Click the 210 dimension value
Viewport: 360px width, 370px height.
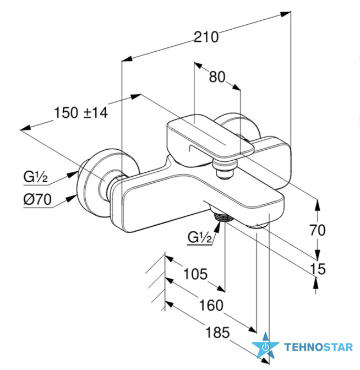tap(206, 37)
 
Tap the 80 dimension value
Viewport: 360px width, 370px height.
tap(217, 77)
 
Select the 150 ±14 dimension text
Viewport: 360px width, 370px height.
tap(81, 112)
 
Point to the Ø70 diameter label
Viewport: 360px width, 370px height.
tap(37, 200)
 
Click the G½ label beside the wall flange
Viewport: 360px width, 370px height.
tap(35, 177)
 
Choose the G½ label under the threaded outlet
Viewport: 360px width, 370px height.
tap(200, 237)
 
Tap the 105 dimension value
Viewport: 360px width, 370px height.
tap(195, 274)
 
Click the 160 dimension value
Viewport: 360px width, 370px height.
tap(211, 305)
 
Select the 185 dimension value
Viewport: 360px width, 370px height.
tap(217, 333)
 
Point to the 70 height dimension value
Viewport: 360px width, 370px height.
tap(318, 230)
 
